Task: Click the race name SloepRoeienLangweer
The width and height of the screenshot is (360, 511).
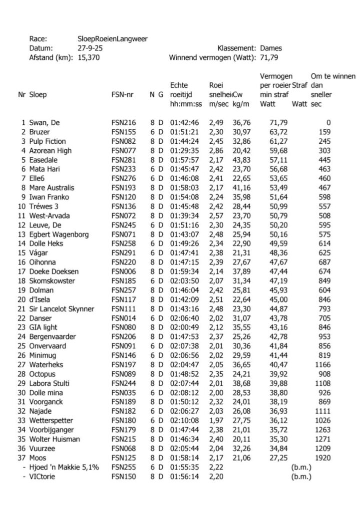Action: pos(113,39)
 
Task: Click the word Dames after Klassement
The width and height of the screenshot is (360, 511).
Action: pos(271,48)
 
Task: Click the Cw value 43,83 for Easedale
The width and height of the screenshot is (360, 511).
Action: pos(241,160)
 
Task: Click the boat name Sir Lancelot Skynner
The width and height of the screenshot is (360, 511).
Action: pos(61,309)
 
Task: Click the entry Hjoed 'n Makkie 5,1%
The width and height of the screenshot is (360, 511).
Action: pos(61,467)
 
